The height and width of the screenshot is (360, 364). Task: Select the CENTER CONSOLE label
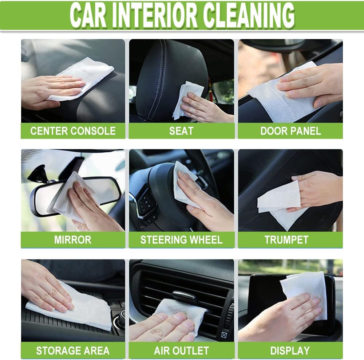pos(73,131)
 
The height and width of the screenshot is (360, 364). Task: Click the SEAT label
pos(181,131)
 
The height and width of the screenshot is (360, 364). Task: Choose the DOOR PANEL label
pos(290,131)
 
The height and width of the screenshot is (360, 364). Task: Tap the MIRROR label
pos(73,240)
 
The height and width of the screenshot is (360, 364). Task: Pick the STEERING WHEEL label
pos(181,240)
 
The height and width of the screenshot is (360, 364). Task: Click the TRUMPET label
pos(286,240)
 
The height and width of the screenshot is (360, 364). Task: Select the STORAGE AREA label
pos(73,351)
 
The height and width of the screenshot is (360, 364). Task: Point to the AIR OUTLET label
pos(181,351)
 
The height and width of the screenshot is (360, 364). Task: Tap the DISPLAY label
pos(290,351)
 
